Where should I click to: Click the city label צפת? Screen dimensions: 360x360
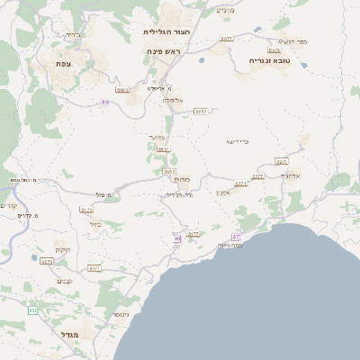click(x=63, y=63)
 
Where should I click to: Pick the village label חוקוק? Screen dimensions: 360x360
click(x=62, y=248)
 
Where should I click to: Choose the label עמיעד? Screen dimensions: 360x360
click(x=157, y=138)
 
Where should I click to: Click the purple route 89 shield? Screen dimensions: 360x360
click(x=105, y=103)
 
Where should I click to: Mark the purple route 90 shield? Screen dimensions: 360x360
click(x=177, y=238)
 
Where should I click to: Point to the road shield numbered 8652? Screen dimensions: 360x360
click(x=201, y=111)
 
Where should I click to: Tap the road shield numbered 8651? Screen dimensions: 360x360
click(x=163, y=149)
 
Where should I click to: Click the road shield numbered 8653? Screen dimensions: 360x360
click(x=169, y=171)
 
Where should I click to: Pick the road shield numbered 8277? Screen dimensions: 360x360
click(x=257, y=176)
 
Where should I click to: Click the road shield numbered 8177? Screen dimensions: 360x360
click(x=193, y=233)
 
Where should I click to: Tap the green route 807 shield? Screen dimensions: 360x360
click(x=33, y=310)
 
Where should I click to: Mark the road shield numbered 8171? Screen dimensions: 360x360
click(x=48, y=262)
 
